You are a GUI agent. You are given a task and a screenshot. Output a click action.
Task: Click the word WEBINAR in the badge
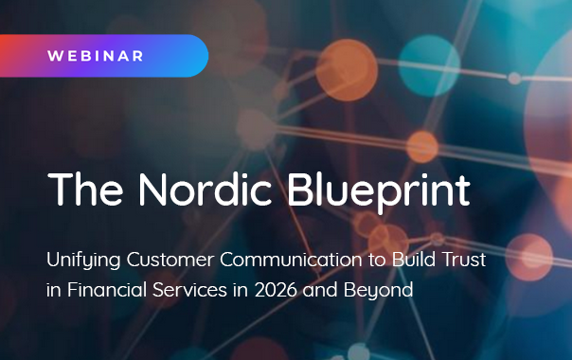[96, 56]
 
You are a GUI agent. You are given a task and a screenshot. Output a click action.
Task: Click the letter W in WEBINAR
[54, 56]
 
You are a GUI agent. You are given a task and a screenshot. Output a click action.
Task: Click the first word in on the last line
[56, 289]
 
